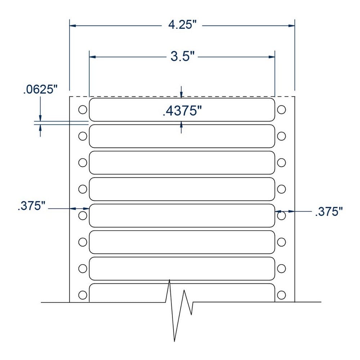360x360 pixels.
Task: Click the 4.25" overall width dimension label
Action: [183, 24]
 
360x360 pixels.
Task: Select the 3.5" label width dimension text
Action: [182, 56]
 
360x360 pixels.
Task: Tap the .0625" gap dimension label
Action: [40, 89]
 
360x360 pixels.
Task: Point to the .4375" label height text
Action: [182, 111]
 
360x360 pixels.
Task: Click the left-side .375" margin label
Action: [31, 206]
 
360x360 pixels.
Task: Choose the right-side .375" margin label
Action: [329, 211]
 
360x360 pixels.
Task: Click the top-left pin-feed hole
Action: [83, 109]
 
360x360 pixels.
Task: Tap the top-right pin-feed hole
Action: [282, 109]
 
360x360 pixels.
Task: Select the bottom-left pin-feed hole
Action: [83, 295]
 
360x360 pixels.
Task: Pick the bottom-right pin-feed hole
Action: [282, 295]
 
